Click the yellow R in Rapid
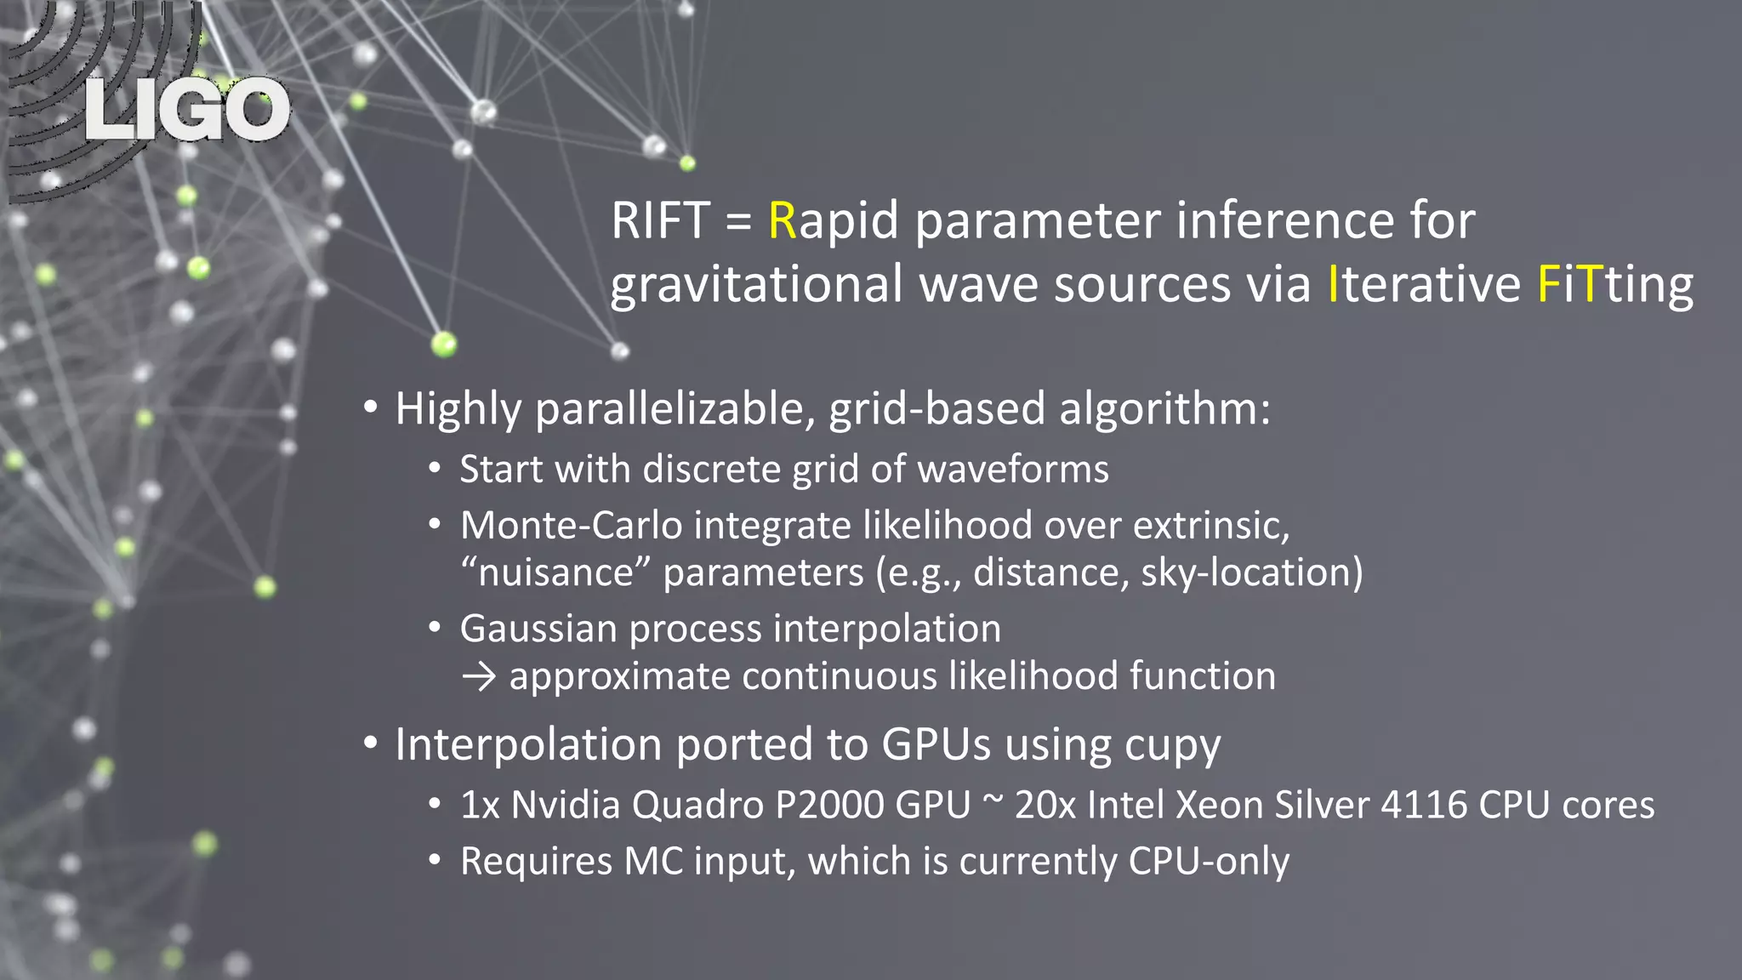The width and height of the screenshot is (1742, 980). point(782,221)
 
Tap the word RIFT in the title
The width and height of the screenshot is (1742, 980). point(660,221)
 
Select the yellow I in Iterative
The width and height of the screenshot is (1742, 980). point(1333,284)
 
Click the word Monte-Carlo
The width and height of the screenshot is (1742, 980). point(571,526)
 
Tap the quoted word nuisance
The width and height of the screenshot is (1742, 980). point(556,573)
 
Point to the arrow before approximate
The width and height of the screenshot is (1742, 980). point(479,677)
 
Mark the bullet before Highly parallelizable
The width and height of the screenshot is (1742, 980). point(370,408)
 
